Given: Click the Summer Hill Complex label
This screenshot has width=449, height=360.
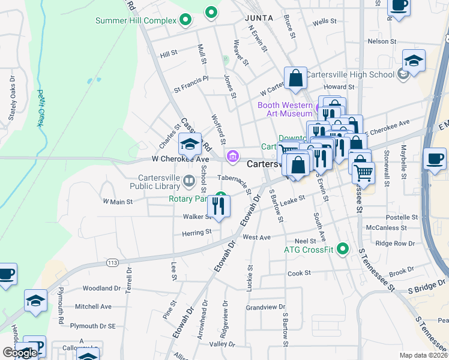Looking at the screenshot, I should click(x=136, y=21).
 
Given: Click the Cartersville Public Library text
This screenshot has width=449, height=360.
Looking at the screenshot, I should click(x=158, y=182).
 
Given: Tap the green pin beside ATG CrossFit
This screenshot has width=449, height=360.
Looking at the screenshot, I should click(x=343, y=248).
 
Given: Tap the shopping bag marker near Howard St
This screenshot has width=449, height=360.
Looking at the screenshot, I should click(x=295, y=78).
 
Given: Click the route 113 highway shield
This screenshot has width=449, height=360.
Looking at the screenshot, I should click(x=112, y=262).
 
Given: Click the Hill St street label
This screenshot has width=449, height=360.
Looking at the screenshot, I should click(x=169, y=53).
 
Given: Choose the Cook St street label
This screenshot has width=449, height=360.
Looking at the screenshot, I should click(x=298, y=273).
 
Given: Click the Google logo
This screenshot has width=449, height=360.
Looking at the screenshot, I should click(x=19, y=353).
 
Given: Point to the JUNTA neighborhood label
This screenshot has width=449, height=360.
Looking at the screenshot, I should click(x=259, y=18).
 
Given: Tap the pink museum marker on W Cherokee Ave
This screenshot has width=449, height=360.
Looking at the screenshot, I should click(x=232, y=156).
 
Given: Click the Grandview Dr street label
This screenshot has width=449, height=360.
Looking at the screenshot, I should click(x=265, y=307).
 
